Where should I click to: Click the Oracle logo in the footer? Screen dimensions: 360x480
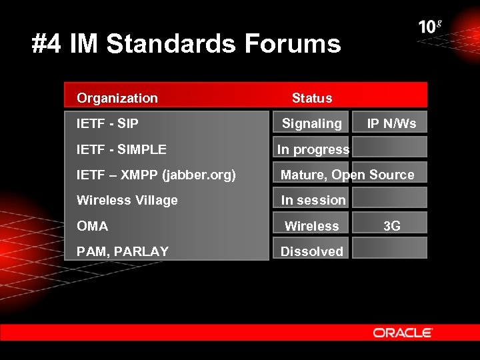coord(403,333)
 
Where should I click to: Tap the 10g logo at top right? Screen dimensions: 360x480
coord(430,27)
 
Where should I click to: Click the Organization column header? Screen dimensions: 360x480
coord(117,98)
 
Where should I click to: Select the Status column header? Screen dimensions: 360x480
coord(311,98)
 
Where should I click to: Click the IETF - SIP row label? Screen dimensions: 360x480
coord(107,123)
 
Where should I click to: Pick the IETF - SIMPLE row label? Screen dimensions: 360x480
coord(121,149)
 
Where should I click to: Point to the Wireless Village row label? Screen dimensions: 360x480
coord(127,200)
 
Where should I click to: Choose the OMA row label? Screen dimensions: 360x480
coord(93,226)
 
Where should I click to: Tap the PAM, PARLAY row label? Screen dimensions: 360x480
coord(123,251)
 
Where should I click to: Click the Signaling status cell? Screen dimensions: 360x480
coord(311,123)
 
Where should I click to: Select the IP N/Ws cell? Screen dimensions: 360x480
coord(391,123)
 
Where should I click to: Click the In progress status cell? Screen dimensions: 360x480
coord(313,149)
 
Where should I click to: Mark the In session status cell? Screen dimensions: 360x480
coord(313,200)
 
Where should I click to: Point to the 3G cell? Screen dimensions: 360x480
coord(392,226)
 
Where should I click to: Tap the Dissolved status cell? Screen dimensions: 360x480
coord(311,251)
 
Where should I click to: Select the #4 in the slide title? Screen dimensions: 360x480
coord(45,44)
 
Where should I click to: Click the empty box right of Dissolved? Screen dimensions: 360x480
coord(389,248)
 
